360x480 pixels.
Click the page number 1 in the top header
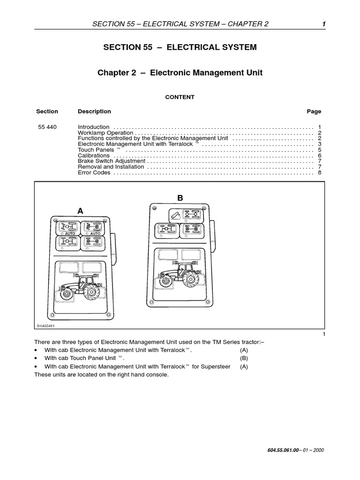(323, 24)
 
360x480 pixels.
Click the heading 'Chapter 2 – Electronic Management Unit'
(180, 73)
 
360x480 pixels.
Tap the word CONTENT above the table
(180, 97)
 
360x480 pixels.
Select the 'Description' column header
(94, 112)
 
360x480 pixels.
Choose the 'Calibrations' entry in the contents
(93, 156)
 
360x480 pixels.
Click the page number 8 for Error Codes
(319, 172)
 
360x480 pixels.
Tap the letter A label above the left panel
(80, 211)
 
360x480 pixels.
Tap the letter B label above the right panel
(180, 199)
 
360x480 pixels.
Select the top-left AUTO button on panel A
(68, 228)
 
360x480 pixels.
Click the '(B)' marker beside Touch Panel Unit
(244, 358)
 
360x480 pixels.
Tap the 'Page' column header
(314, 112)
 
